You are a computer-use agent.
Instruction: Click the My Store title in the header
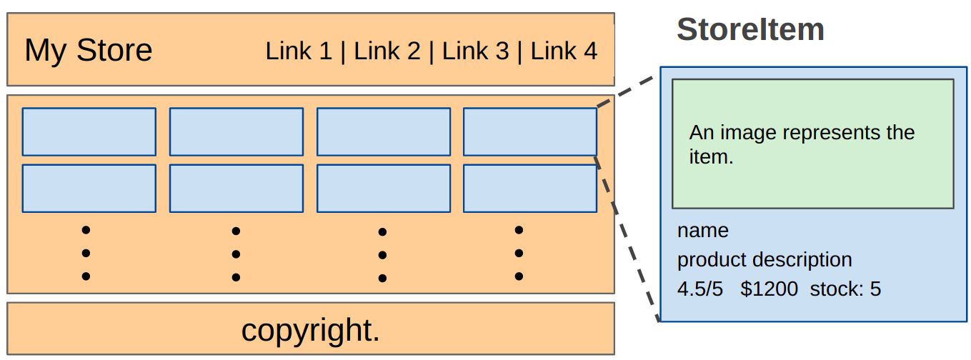tap(89, 51)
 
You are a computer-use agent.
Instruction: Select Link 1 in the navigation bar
tap(299, 51)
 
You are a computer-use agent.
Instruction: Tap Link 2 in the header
tap(387, 51)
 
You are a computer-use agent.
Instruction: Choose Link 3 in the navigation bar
tap(475, 51)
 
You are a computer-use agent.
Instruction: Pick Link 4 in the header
tap(564, 51)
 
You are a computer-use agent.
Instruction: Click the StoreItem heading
tap(750, 30)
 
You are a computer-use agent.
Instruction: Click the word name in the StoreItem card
tap(703, 231)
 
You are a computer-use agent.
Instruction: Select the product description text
tap(765, 259)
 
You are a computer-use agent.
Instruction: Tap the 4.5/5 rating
tap(700, 289)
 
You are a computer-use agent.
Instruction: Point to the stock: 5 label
tap(845, 289)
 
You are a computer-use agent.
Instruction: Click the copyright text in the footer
tap(310, 329)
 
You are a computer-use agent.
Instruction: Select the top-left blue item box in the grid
tap(89, 131)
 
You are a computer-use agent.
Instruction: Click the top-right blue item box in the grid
tap(530, 131)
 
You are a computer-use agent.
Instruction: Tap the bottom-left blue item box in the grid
tap(89, 189)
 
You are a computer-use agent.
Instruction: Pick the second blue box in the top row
tap(236, 131)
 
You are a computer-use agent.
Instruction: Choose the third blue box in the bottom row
tap(384, 189)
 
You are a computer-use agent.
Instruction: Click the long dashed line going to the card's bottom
tap(627, 239)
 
